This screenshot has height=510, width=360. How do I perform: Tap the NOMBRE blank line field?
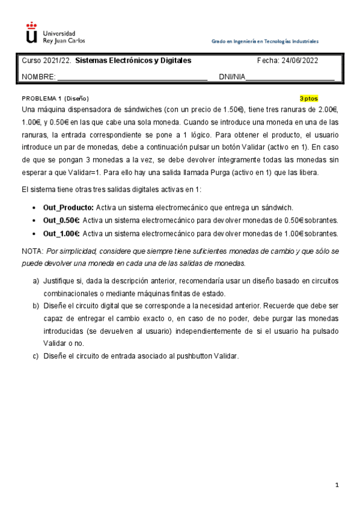132,76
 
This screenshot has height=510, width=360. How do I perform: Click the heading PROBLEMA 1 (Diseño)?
55,98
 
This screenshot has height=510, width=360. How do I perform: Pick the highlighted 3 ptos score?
309,98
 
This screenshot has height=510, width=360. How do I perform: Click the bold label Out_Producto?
67,207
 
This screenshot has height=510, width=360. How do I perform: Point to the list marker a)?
35,281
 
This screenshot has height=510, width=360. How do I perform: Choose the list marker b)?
35,306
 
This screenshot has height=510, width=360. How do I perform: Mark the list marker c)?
35,355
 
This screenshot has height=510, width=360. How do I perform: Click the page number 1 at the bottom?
338,485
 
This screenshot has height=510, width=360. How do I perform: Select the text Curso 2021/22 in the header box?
47,61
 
